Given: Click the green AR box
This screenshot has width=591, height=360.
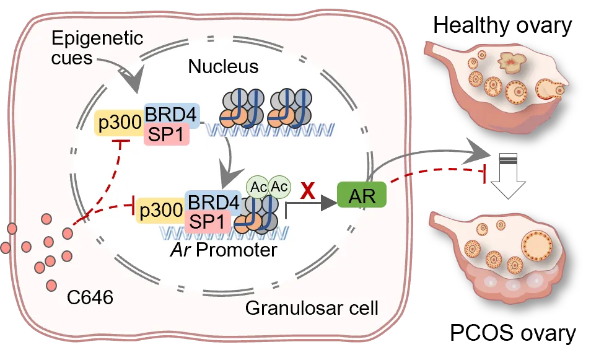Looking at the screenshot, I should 362,196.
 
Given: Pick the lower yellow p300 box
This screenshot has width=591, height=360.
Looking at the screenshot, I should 160,210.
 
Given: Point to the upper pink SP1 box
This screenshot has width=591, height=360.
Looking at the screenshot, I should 166,134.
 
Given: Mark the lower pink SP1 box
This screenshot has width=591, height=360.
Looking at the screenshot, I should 208,221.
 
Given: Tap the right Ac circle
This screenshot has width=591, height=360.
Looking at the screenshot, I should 279,186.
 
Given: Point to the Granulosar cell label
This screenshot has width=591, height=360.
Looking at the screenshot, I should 312,308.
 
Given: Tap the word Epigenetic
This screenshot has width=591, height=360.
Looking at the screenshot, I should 97,38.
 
